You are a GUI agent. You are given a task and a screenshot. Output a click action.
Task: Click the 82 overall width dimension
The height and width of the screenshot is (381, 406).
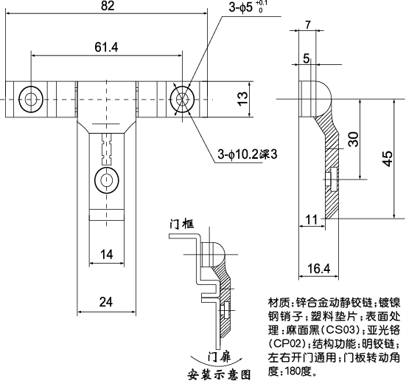(x=108, y=7)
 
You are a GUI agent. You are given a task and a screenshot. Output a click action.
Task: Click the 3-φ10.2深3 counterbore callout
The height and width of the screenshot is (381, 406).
(x=247, y=154)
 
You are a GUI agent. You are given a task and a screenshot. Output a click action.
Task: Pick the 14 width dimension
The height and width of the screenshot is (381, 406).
(x=106, y=255)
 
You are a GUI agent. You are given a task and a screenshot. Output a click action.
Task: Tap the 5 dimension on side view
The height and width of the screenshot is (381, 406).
(x=306, y=58)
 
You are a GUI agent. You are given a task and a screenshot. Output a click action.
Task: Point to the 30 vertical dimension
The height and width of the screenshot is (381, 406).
(x=354, y=138)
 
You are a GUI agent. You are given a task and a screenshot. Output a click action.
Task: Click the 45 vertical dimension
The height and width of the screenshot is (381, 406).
(x=388, y=158)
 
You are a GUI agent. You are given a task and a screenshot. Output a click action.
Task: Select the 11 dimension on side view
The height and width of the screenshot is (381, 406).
(x=310, y=219)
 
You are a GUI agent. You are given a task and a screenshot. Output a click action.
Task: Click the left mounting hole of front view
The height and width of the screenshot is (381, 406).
(x=30, y=98)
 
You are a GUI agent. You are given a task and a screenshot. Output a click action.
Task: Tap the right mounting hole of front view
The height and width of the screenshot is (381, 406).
(x=181, y=98)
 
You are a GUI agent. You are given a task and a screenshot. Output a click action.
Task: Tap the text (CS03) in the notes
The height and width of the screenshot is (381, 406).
(x=340, y=329)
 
